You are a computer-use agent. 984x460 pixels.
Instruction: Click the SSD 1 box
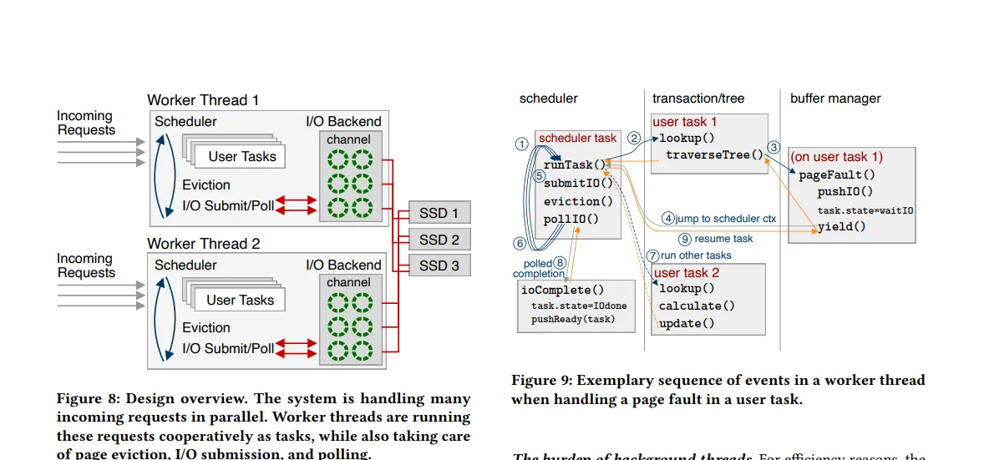(x=439, y=214)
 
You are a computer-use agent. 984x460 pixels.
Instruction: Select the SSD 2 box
(x=439, y=240)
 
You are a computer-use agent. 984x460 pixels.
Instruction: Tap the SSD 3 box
(x=439, y=265)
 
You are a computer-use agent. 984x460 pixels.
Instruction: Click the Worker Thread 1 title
(x=203, y=100)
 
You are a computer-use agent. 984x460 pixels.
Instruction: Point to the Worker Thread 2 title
(x=203, y=244)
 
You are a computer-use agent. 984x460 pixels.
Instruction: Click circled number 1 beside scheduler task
(x=523, y=144)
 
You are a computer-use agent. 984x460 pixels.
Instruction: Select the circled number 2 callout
(x=634, y=139)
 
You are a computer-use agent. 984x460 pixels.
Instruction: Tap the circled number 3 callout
(x=774, y=147)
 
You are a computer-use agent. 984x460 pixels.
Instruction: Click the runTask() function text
(x=574, y=164)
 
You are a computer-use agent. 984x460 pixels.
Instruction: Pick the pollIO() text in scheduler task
(x=571, y=219)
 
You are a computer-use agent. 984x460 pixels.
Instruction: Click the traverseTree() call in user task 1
(x=714, y=154)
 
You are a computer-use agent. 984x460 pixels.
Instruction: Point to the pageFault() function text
(x=836, y=174)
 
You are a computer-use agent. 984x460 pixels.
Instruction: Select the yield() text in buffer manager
(x=841, y=226)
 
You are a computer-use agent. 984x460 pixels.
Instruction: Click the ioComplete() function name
(x=562, y=290)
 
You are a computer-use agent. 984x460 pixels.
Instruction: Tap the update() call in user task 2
(x=687, y=323)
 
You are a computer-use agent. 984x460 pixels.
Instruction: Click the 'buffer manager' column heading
(x=835, y=99)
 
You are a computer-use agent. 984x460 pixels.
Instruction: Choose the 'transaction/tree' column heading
(x=696, y=99)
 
